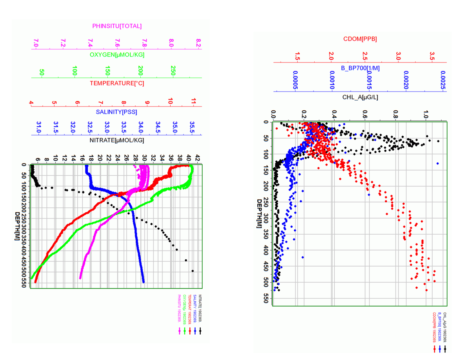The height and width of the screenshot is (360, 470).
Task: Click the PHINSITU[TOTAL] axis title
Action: click(x=117, y=26)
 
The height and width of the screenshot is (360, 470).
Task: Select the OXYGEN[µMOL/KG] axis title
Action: click(x=117, y=55)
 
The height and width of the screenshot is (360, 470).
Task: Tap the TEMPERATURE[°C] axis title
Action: click(x=117, y=84)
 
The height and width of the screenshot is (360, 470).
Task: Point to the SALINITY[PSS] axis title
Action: click(x=117, y=112)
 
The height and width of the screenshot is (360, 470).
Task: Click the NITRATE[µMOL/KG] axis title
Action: click(x=117, y=140)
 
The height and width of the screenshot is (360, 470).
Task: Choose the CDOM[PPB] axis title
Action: click(x=360, y=39)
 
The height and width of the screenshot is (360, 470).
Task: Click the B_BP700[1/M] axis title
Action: click(x=360, y=68)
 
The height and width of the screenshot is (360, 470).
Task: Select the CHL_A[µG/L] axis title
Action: click(x=360, y=97)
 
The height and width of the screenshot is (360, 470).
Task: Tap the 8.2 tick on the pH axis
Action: click(x=199, y=43)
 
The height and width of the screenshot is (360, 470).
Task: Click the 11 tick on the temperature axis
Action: click(x=194, y=101)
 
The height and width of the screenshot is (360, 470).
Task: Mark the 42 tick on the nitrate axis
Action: click(x=197, y=158)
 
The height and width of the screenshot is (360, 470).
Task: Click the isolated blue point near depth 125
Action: click(x=438, y=164)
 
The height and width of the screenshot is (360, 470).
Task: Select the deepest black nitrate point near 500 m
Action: click(x=192, y=271)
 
